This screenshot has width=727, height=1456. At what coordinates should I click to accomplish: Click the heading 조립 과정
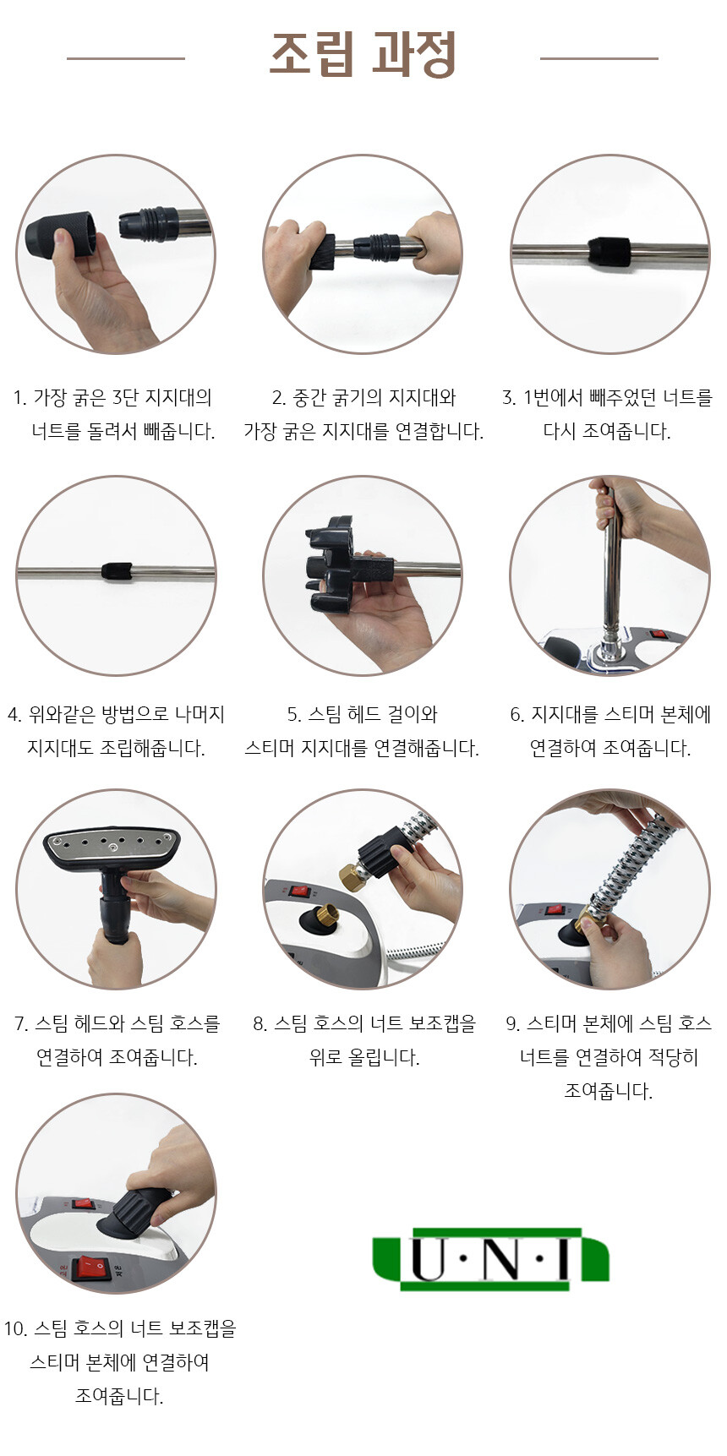coord(363,56)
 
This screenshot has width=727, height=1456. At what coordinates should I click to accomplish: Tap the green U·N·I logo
coord(490,1259)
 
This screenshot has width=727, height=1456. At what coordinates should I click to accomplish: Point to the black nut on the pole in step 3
coord(610,252)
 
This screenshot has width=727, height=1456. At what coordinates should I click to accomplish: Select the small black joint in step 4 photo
coord(117,570)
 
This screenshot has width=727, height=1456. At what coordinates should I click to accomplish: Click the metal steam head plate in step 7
coord(113,846)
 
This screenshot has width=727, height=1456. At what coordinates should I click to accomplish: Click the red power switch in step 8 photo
coord(298,891)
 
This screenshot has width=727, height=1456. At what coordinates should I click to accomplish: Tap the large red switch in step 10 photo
coord(90,1267)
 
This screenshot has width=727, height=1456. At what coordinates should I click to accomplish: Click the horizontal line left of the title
coord(126,58)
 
